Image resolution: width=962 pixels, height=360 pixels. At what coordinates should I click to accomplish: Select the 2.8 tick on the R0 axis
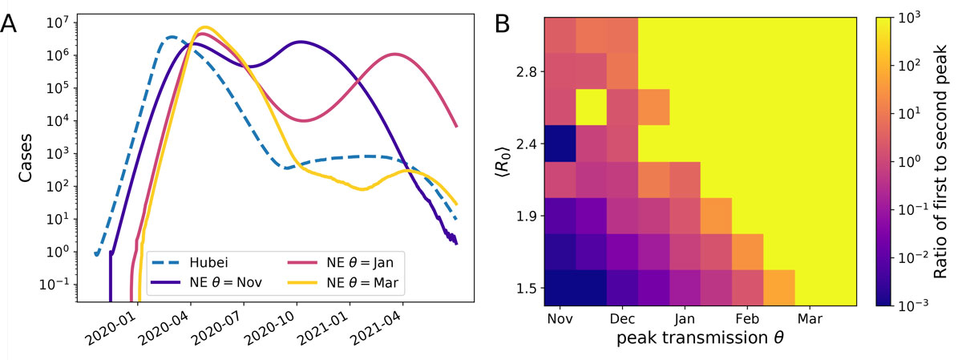[x=527, y=72]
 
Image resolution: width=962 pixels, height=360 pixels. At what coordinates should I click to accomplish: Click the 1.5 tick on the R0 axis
[x=527, y=288]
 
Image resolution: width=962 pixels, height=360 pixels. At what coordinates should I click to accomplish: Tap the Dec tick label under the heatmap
[x=623, y=318]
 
